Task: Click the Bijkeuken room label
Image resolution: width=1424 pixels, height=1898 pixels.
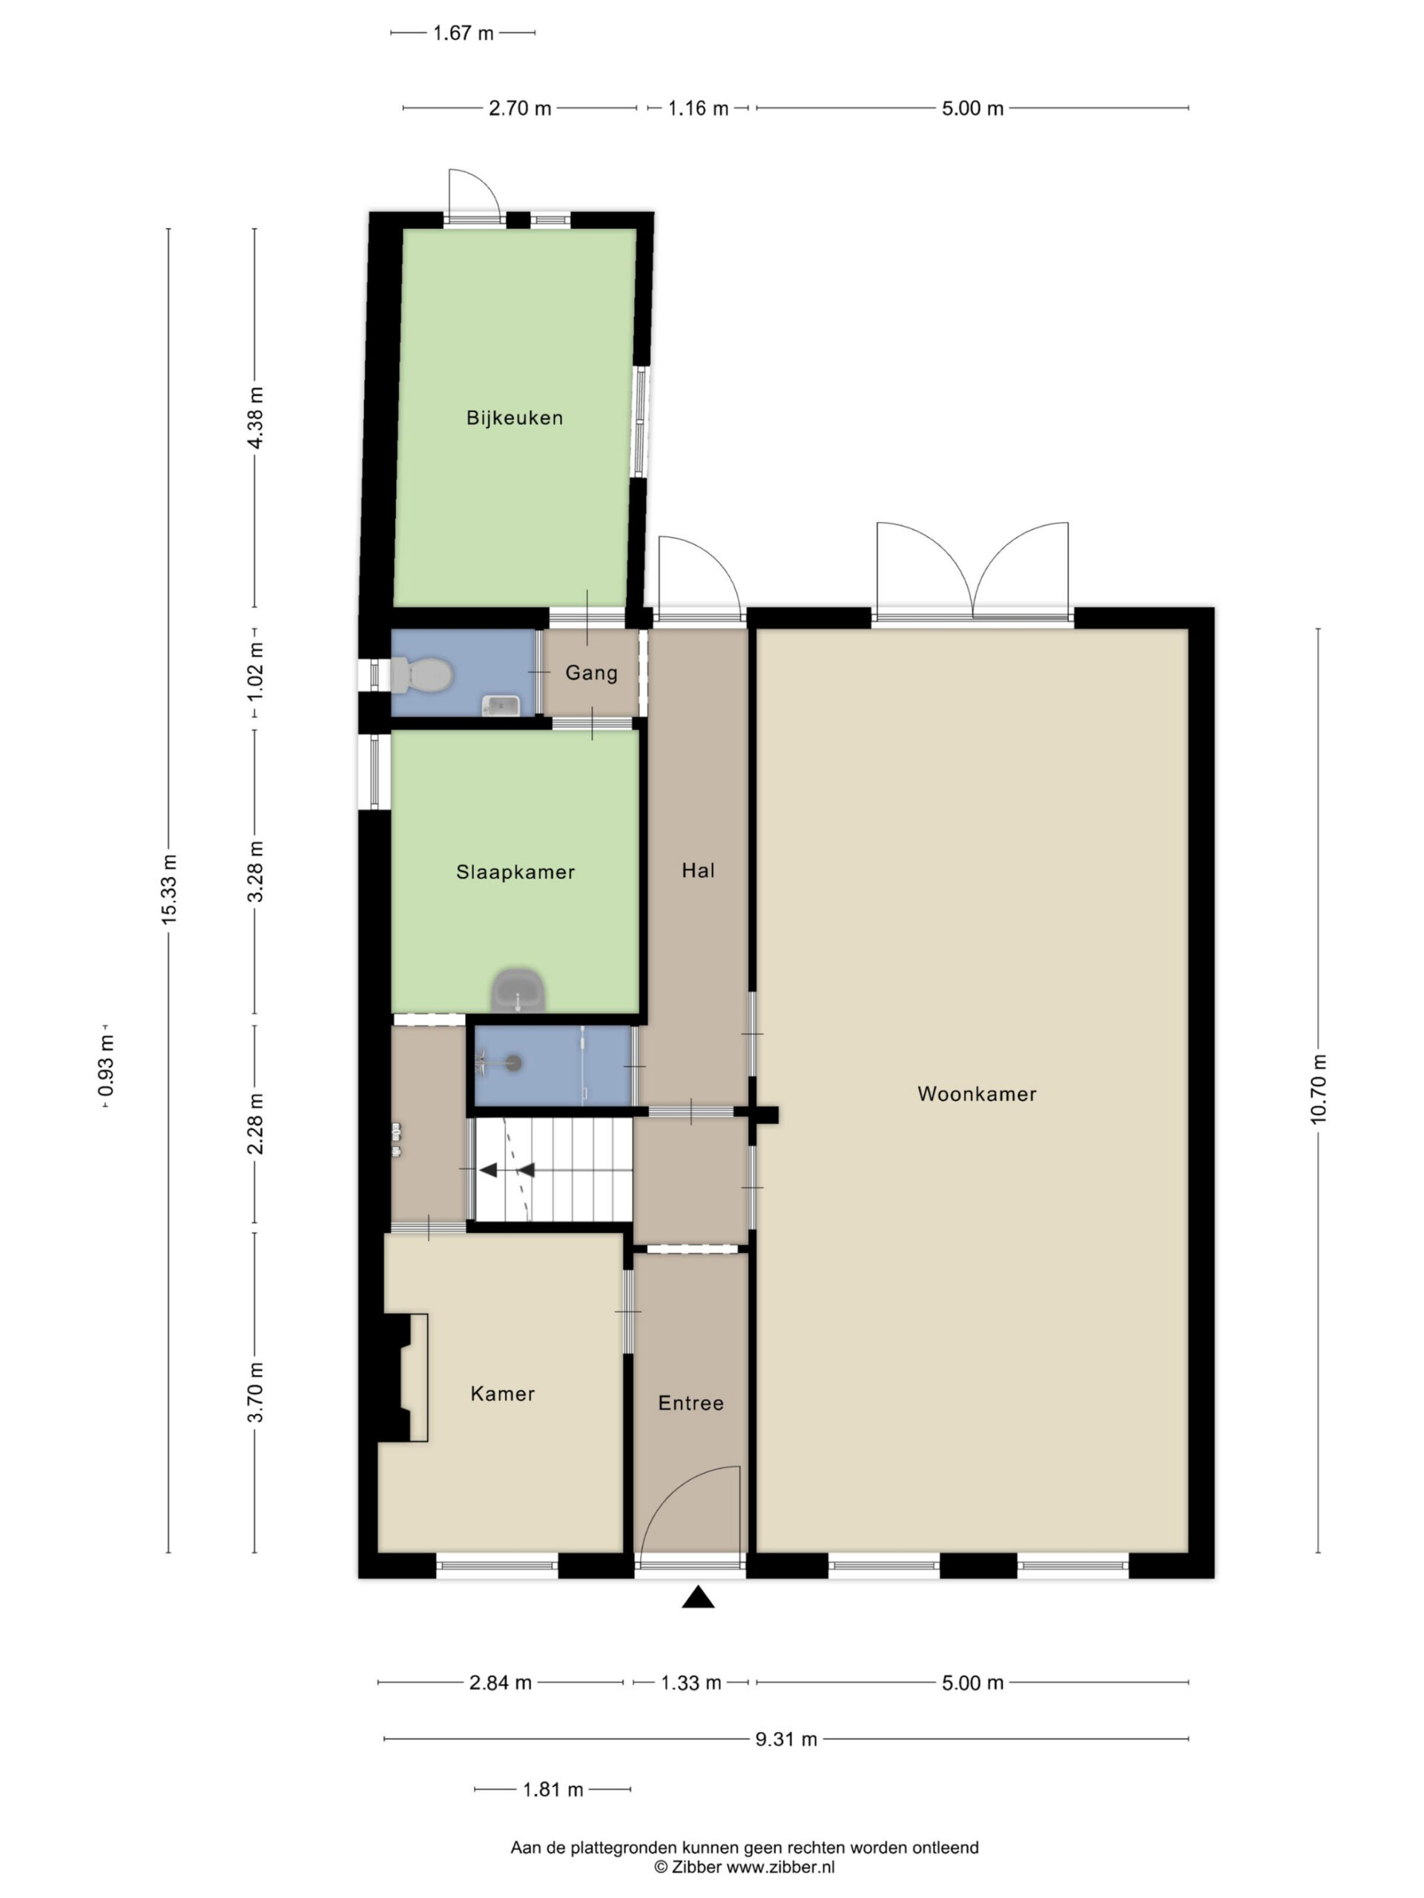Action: [x=514, y=418]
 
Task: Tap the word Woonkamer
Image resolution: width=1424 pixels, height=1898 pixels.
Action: [x=977, y=1094]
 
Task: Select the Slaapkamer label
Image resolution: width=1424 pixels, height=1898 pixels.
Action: [x=515, y=873]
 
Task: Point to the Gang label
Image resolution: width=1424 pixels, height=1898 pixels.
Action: [x=591, y=673]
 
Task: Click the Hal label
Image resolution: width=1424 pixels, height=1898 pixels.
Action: [x=698, y=871]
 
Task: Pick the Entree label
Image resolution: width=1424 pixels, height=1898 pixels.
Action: [x=691, y=1403]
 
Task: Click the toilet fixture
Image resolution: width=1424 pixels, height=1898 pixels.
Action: [x=421, y=675]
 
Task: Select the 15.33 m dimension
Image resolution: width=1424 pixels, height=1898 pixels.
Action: [x=168, y=890]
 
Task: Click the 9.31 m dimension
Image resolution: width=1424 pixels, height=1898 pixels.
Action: [x=786, y=1739]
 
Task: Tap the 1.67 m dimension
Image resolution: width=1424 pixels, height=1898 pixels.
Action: [x=464, y=33]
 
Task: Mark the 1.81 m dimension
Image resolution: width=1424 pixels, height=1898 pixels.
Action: [x=553, y=1790]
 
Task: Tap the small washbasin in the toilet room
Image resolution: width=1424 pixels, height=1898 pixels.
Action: [x=501, y=705]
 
